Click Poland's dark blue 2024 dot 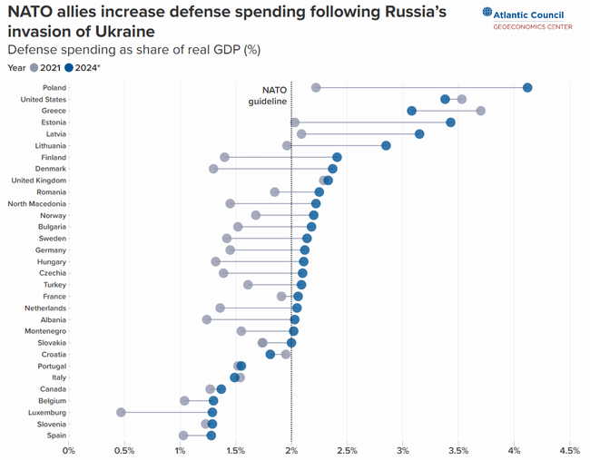point(527,87)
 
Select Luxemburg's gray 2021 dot point(121,412)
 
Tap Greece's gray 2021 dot point(480,111)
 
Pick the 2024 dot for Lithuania point(386,145)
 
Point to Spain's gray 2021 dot point(183,436)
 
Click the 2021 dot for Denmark point(213,169)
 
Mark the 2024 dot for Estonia point(450,122)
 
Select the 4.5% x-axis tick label point(569,450)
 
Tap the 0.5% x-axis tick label point(124,450)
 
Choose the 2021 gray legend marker point(34,67)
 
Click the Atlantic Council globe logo point(488,14)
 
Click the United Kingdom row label point(38,181)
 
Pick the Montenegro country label point(44,331)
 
